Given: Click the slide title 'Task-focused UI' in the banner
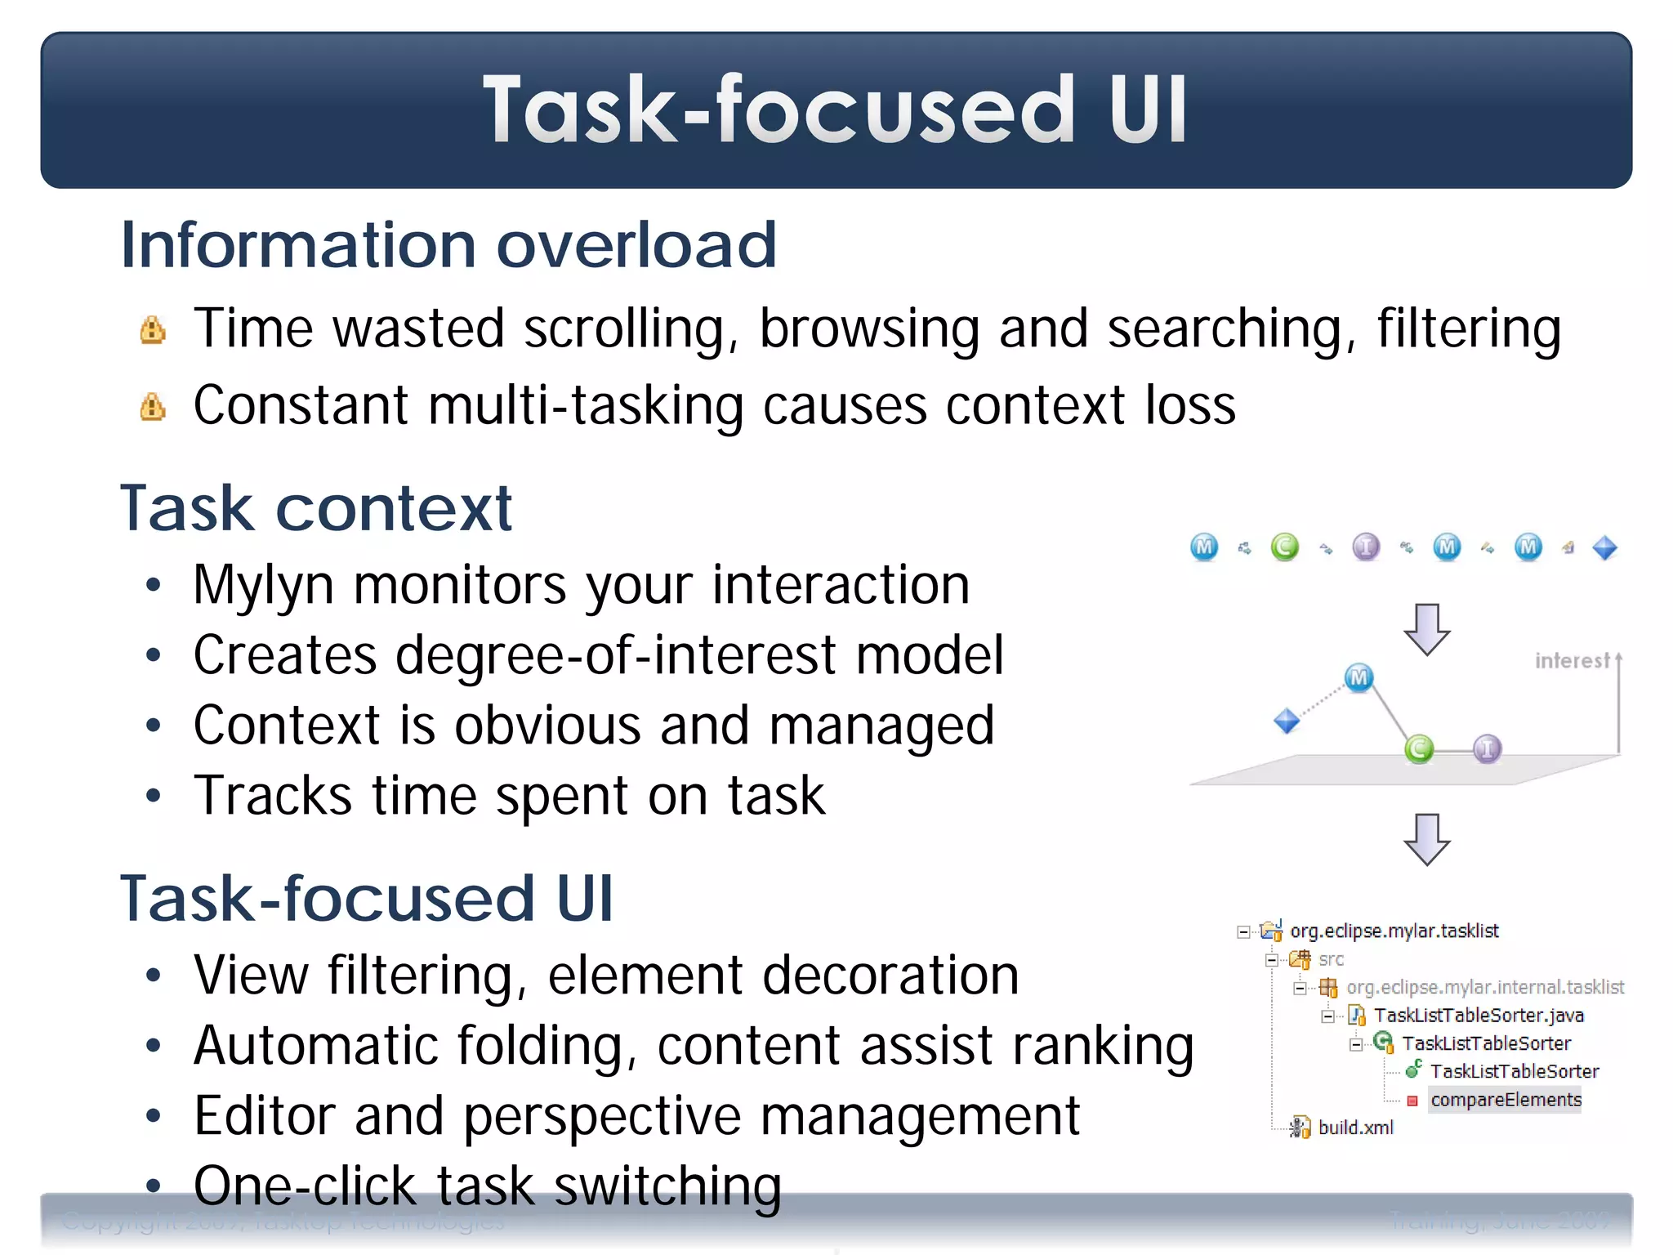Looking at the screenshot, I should pos(835,110).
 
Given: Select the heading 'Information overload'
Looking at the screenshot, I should pos(448,244).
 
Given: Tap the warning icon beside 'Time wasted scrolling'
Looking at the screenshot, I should pos(153,331).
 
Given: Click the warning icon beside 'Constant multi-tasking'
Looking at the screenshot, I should pos(153,407).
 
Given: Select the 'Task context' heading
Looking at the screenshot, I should pos(315,508).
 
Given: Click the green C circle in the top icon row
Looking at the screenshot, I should pos(1285,547).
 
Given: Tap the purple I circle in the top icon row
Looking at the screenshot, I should pos(1366,547).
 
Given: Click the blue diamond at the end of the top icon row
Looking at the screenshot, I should pos(1605,547).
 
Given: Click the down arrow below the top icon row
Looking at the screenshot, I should pos(1427,629).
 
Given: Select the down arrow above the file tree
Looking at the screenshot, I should pos(1427,839).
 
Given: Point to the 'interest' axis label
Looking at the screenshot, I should pos(1572,660).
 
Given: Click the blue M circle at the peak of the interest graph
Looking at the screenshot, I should pos(1358,677).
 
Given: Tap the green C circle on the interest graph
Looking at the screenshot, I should pos(1419,748).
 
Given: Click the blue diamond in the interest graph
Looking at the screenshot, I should pos(1287,721).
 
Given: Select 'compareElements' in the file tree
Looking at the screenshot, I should pos(1506,1100).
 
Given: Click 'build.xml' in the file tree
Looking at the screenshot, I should pos(1355,1128).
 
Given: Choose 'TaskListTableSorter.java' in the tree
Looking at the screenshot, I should pos(1478,1016).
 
